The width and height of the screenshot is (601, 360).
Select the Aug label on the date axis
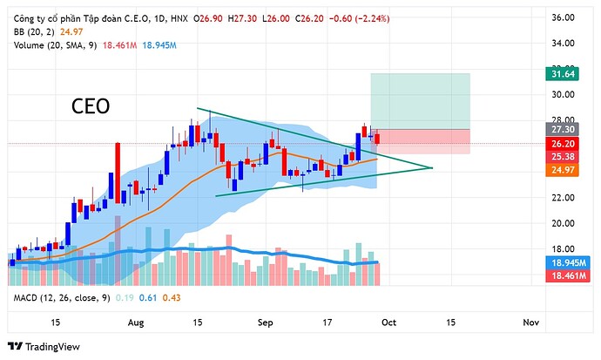point(135,323)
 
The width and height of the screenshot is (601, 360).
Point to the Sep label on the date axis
point(266,323)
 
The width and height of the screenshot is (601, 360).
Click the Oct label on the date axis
point(388,323)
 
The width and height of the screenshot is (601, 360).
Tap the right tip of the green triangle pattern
point(432,166)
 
